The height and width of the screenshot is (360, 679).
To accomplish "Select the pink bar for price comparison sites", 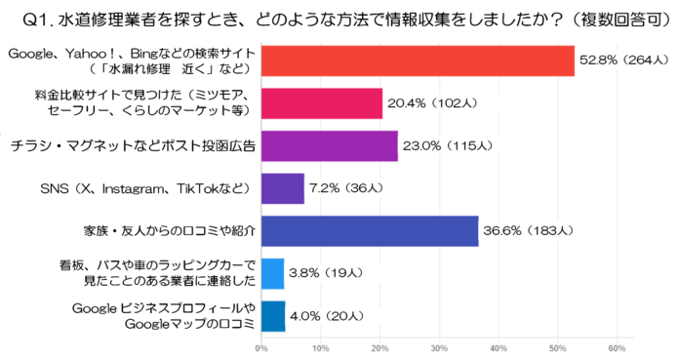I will [321, 102].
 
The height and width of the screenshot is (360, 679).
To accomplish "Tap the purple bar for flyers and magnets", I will [329, 145].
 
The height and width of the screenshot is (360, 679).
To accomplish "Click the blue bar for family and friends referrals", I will [369, 231].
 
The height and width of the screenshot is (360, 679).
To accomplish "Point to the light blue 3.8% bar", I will [272, 274].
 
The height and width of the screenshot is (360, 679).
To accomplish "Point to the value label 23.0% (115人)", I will [448, 145].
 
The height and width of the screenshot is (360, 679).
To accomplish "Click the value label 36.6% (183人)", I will [529, 231].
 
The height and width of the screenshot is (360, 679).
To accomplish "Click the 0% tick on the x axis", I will [260, 347].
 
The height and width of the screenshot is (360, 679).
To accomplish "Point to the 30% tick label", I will [439, 347].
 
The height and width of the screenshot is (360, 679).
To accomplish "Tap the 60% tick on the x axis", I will [617, 347].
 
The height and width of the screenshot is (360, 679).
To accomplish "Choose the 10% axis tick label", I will [320, 347].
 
